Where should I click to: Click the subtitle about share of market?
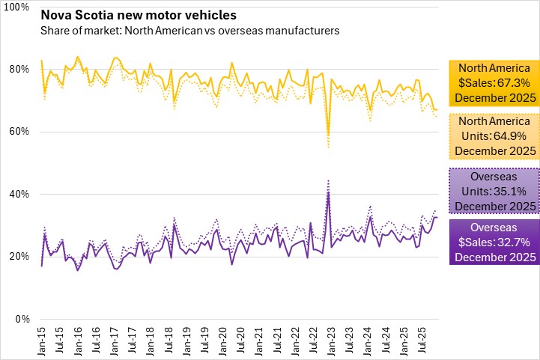pyautogui.click(x=191, y=31)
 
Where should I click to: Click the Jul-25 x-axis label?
pyautogui.click(x=421, y=339)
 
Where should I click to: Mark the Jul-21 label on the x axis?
pyautogui.click(x=276, y=339)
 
